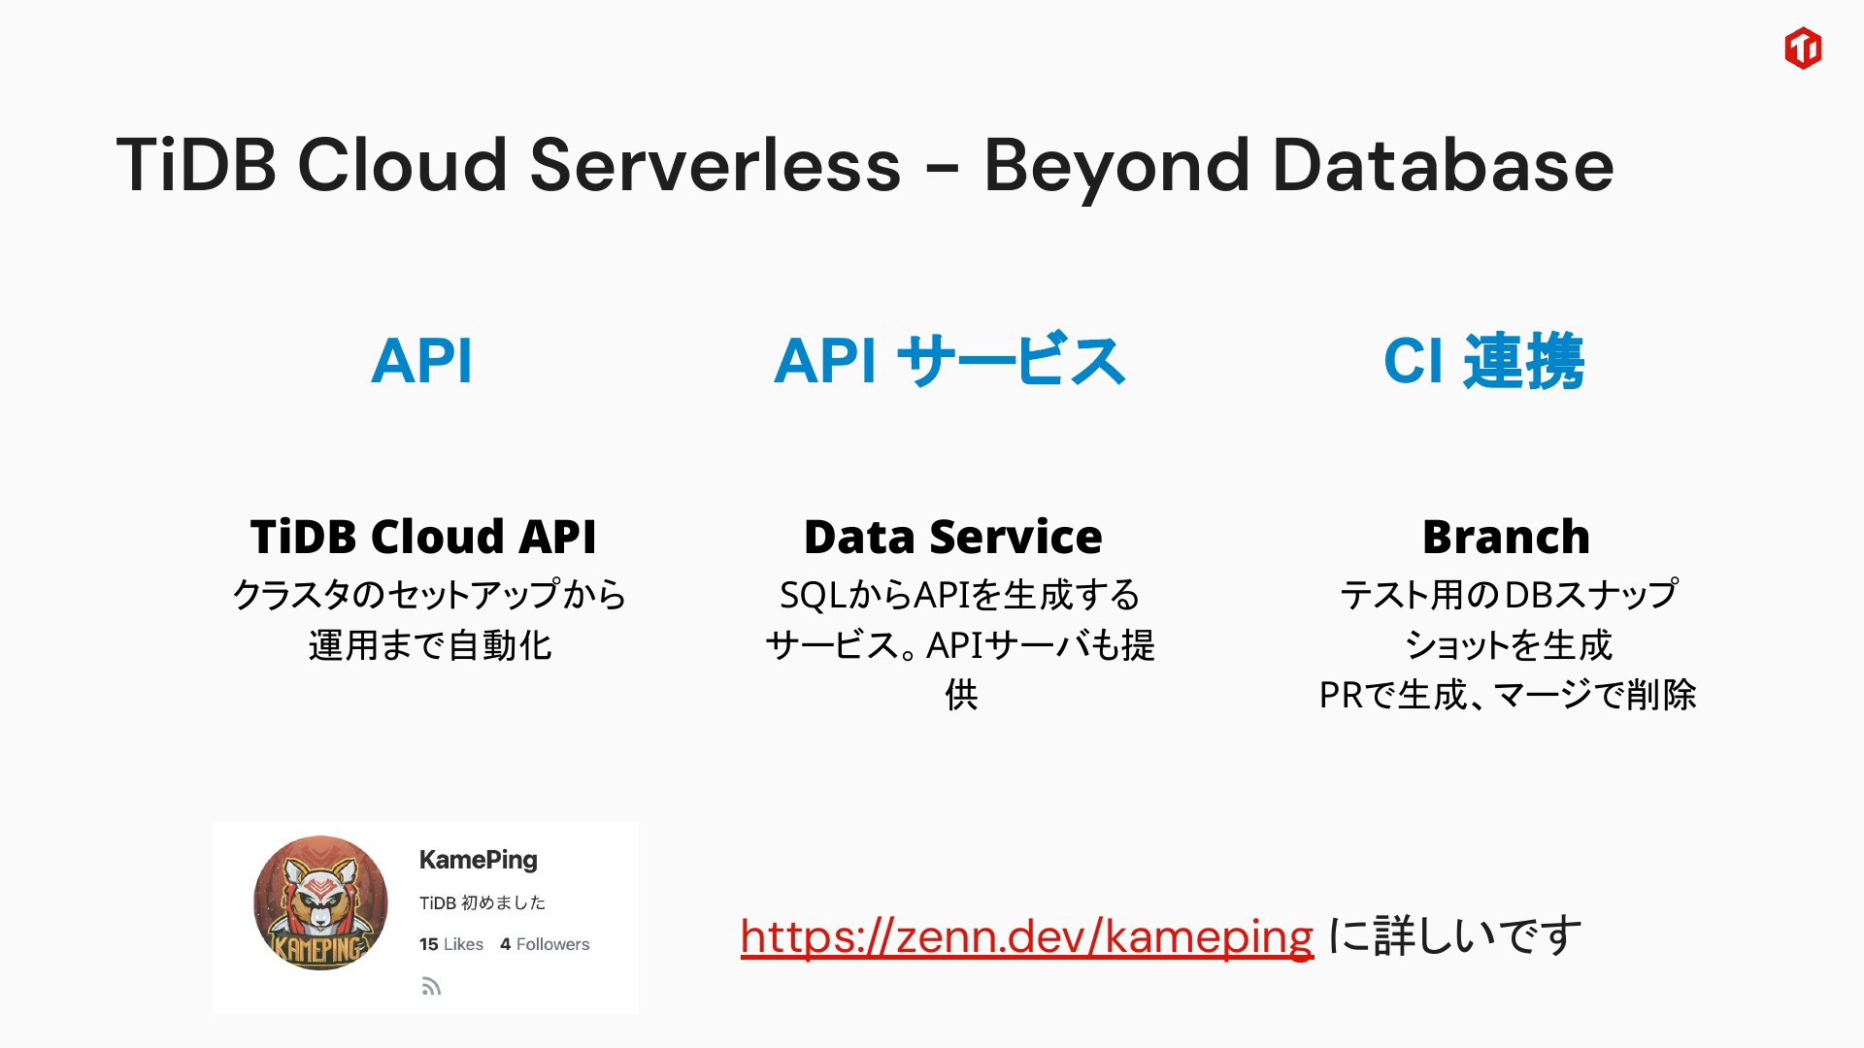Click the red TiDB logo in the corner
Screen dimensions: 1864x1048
(x=1803, y=48)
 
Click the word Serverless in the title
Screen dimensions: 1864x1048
(x=716, y=164)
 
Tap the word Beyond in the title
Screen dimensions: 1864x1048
(x=1116, y=167)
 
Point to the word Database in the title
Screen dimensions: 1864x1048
(x=1443, y=164)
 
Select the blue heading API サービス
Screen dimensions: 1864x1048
(x=949, y=360)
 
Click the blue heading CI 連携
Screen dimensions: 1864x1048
(x=1483, y=361)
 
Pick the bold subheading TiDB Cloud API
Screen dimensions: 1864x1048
(x=423, y=537)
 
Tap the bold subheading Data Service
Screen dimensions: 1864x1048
(x=953, y=537)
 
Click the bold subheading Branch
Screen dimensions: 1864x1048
(x=1506, y=537)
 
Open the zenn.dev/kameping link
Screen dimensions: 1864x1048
(x=1027, y=936)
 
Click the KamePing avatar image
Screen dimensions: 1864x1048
(x=320, y=903)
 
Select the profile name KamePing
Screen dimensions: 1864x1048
(x=478, y=860)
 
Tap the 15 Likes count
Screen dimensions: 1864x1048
(x=451, y=944)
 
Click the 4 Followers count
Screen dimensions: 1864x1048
(x=545, y=944)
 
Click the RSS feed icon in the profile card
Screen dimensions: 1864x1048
(x=432, y=987)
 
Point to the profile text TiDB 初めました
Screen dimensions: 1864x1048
(x=483, y=902)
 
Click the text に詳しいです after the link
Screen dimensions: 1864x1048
(x=1454, y=936)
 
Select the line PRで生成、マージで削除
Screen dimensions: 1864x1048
(x=1508, y=695)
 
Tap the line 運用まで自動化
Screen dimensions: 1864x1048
(x=430, y=645)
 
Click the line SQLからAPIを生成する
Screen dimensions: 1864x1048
(x=960, y=595)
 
